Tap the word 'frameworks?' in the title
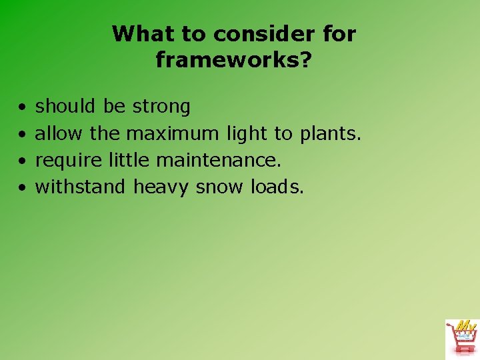tap(234, 60)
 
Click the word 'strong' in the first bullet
tap(161, 107)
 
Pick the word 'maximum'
tap(172, 133)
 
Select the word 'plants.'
tap(330, 134)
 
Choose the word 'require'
tap(69, 161)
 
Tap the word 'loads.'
tap(277, 187)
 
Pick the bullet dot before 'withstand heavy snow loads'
tap(23, 187)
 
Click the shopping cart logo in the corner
tap(461, 338)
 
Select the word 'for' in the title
tap(340, 33)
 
